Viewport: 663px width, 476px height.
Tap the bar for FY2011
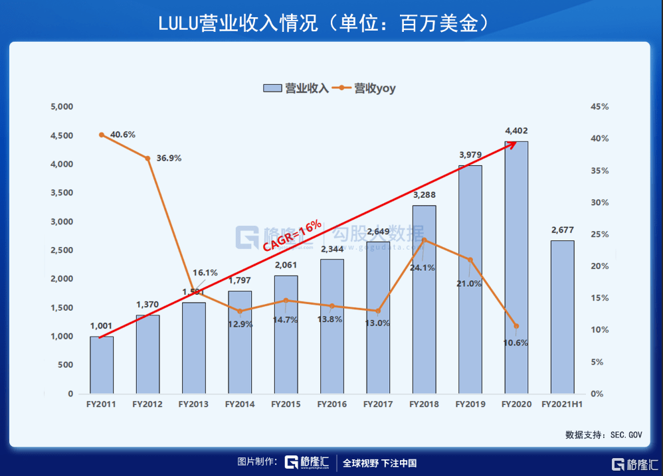click(102, 364)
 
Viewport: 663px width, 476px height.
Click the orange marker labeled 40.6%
click(102, 135)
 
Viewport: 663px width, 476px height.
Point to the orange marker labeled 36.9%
click(147, 158)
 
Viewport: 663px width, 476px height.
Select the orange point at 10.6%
click(516, 326)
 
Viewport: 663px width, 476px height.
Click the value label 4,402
click(516, 131)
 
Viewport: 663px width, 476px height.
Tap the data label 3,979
click(470, 155)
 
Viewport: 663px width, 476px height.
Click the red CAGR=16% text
click(292, 235)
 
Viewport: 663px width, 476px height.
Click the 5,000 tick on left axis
click(62, 106)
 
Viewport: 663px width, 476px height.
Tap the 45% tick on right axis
click(599, 106)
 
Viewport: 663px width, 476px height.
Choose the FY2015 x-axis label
click(286, 404)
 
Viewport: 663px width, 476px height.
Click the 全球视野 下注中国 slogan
click(379, 463)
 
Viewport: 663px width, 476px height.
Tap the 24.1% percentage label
click(423, 268)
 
